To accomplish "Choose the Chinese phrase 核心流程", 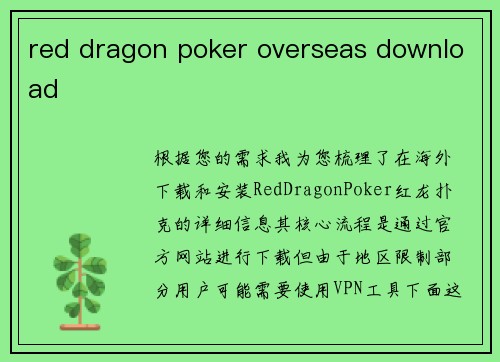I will click(x=326, y=215).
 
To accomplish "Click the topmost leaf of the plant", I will click(x=77, y=241).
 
